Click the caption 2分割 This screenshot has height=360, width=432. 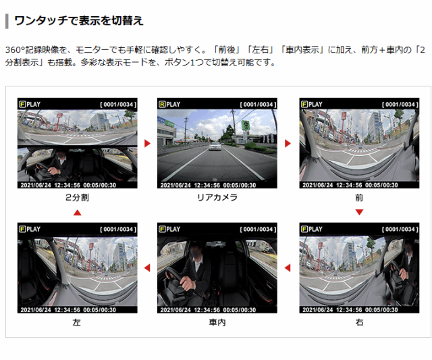(x=77, y=197)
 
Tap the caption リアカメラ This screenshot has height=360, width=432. (x=217, y=197)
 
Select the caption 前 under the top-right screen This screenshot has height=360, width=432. (x=359, y=197)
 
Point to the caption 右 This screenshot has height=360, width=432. (x=359, y=322)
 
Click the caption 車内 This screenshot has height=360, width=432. (x=217, y=322)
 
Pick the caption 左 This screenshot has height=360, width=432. (x=76, y=322)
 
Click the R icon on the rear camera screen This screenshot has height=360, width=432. (x=162, y=104)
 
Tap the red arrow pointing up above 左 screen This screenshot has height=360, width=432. (x=78, y=213)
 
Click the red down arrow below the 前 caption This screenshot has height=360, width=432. (x=359, y=212)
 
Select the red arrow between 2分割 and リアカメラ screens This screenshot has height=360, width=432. (x=147, y=143)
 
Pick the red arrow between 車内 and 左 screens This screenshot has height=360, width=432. (x=147, y=267)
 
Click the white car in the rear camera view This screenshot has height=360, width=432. (x=215, y=146)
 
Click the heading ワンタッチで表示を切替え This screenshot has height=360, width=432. (x=79, y=21)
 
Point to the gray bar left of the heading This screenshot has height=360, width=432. (x=7, y=21)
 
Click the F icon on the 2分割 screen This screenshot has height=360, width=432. (x=22, y=104)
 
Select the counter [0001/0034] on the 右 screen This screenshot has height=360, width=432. (x=400, y=230)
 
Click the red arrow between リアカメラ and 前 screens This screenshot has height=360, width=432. (x=288, y=143)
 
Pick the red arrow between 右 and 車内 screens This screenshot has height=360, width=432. (x=288, y=267)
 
